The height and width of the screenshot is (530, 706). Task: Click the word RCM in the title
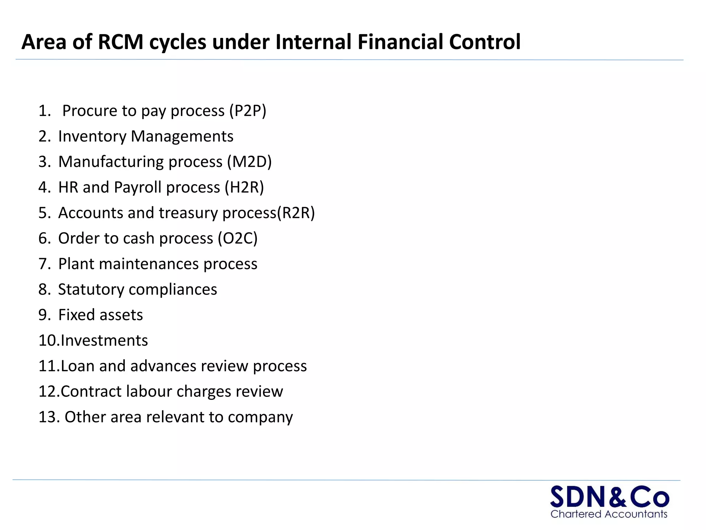[x=120, y=42]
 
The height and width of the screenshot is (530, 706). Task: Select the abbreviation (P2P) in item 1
[x=248, y=111]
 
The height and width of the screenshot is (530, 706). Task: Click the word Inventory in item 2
[x=92, y=136]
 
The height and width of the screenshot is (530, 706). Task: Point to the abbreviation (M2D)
[x=249, y=162]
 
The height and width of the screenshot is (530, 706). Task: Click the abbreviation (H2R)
[x=244, y=187]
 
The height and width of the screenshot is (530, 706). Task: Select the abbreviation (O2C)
[x=238, y=238]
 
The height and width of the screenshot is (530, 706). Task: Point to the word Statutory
[x=91, y=289]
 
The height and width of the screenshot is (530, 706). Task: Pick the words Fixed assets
[x=100, y=315]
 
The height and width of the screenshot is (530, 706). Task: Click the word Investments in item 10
[x=104, y=341]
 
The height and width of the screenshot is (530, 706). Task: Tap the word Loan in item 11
[x=77, y=366]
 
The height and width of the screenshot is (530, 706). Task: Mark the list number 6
[x=44, y=238]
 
